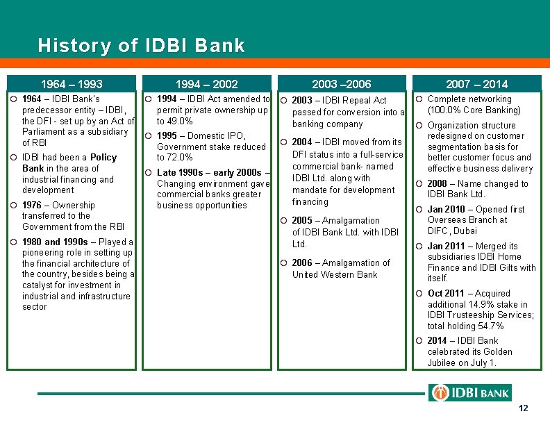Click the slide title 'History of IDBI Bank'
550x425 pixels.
click(142, 47)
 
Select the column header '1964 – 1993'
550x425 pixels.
click(72, 84)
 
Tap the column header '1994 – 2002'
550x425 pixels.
click(207, 84)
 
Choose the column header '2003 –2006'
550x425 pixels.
click(342, 84)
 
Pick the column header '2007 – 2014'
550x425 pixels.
click(476, 84)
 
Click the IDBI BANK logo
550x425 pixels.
click(470, 393)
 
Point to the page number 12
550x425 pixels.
click(524, 408)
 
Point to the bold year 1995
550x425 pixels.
click(168, 136)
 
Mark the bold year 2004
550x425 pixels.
click(302, 142)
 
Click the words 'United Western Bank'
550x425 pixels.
click(335, 274)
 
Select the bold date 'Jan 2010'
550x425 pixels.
click(447, 209)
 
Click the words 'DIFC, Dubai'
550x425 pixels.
click(452, 231)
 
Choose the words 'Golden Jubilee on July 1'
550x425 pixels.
click(462, 357)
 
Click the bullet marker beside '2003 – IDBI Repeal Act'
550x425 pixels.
click(283, 101)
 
